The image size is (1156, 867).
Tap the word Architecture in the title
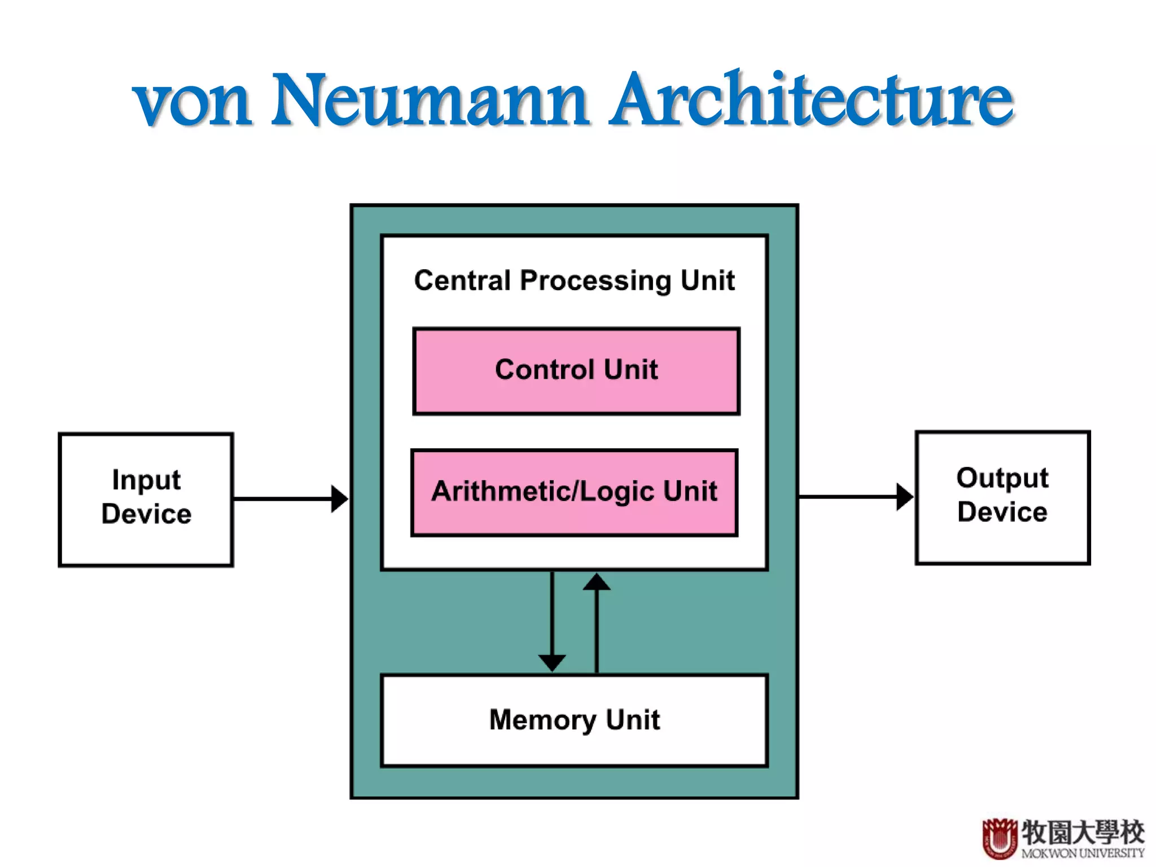(812, 100)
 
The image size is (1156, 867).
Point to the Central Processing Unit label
(575, 281)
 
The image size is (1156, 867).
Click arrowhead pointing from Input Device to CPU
(339, 499)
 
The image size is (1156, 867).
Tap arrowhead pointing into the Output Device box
(904, 497)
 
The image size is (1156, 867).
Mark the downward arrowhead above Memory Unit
(552, 662)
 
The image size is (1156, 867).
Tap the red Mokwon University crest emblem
(1000, 838)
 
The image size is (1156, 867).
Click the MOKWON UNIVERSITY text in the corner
(1083, 853)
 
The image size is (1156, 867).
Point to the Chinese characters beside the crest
(1083, 832)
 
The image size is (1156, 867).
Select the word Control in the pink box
(545, 370)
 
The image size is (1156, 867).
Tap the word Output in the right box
(1002, 478)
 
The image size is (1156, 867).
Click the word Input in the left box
(146, 480)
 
